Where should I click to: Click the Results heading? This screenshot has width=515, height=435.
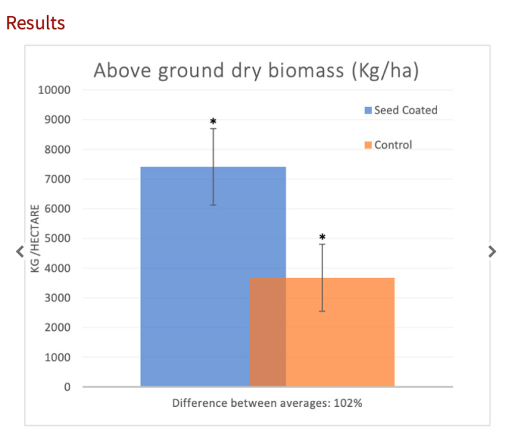[36, 23]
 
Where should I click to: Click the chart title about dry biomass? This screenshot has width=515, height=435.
[255, 70]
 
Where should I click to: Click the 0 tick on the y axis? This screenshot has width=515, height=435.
[67, 387]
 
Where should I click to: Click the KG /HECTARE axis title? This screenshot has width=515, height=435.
[35, 238]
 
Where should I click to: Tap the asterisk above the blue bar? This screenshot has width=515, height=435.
[213, 122]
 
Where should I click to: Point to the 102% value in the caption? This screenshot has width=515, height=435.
[352, 404]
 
